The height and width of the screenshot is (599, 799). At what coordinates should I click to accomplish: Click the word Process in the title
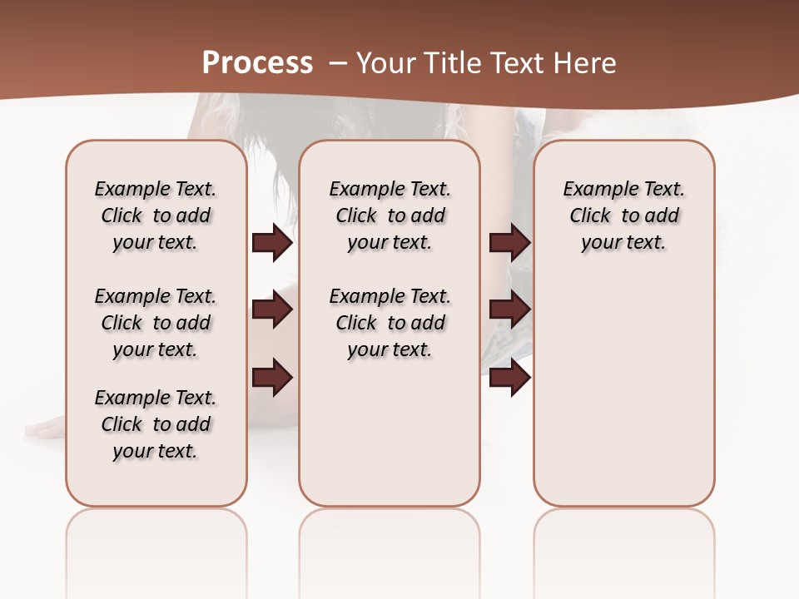pos(257,62)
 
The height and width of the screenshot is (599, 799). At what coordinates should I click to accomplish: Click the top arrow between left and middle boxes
pos(272,242)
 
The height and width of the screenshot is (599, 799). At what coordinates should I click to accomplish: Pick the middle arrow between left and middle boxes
pos(272,309)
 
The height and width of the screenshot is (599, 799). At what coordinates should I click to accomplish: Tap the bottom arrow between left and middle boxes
pos(272,377)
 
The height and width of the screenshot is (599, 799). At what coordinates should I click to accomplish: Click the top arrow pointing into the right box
pos(509,242)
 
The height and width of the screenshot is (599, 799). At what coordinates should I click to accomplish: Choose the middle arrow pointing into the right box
pos(509,309)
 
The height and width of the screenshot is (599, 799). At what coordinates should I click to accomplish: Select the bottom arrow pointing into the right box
pos(509,377)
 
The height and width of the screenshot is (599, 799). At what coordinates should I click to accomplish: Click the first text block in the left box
pos(156,215)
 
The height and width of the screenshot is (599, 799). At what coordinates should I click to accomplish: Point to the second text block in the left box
pos(156,323)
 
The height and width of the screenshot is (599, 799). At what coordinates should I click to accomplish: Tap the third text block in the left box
pos(156,424)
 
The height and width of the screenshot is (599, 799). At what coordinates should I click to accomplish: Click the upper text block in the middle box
pos(390,215)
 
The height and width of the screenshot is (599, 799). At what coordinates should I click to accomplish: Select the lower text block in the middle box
pos(390,323)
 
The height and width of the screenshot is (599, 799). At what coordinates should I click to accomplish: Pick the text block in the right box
pos(624,215)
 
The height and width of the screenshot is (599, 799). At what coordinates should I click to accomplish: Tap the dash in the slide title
pos(338,62)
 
